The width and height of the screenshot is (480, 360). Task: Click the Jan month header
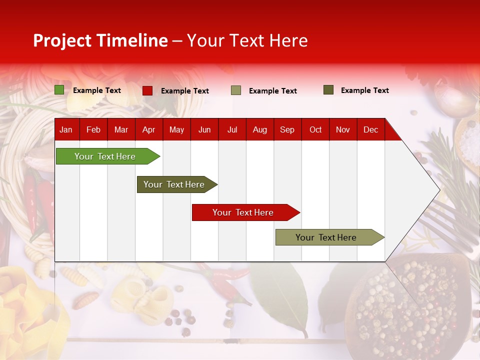[x=66, y=129]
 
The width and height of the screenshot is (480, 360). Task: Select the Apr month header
[x=149, y=129]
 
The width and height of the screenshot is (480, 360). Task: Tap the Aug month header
[x=260, y=129]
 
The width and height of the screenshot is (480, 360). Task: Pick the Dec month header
[x=370, y=129]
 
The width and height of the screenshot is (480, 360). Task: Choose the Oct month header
[x=315, y=129]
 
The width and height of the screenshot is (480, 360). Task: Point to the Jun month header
[x=204, y=129]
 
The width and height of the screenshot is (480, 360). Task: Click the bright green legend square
[x=59, y=90]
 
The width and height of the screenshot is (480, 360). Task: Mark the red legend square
[x=147, y=90]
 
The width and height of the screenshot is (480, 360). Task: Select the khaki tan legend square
[x=236, y=90]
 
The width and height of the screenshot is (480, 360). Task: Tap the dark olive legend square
[x=328, y=90]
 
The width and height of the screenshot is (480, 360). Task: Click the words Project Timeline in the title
[x=100, y=40]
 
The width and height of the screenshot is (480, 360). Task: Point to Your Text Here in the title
[x=247, y=40]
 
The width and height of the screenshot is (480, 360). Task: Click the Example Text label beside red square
[x=185, y=91]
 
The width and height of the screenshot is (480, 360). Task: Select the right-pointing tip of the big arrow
[x=438, y=189]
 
